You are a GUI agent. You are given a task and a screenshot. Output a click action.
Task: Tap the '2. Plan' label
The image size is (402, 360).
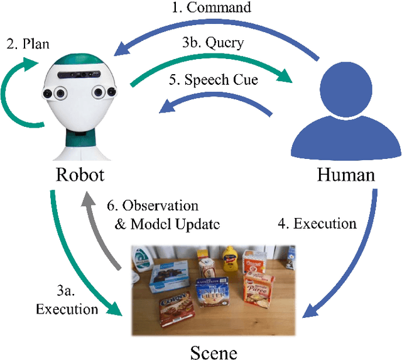[x=29, y=45]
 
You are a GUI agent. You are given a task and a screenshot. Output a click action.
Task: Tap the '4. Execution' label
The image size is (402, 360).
[x=317, y=223]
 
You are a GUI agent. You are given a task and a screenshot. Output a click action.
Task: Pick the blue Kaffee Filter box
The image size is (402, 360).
[x=215, y=295]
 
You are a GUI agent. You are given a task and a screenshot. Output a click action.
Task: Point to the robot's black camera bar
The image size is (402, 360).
[x=80, y=74]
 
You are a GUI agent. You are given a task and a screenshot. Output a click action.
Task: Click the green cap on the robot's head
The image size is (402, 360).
[x=79, y=58]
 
